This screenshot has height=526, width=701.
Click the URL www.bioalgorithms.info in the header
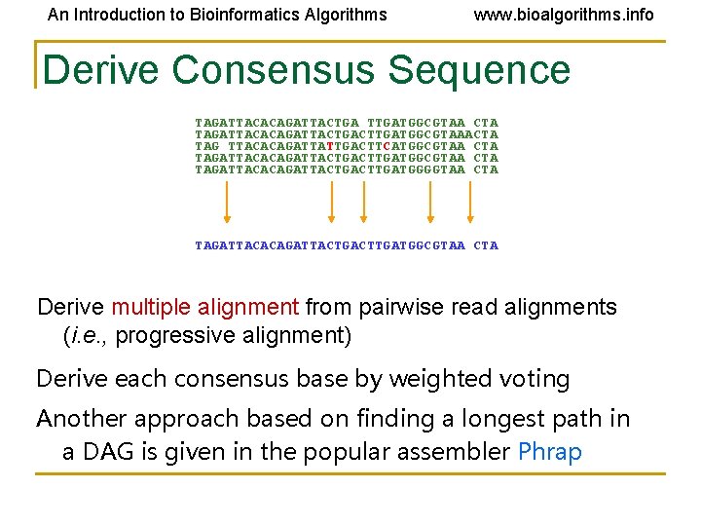(564, 15)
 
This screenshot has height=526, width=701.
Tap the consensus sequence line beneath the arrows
(347, 245)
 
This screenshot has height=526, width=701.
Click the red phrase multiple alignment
(204, 308)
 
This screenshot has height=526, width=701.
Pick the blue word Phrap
(550, 452)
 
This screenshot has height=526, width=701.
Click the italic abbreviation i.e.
(84, 337)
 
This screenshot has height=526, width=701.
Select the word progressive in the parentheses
(173, 337)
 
